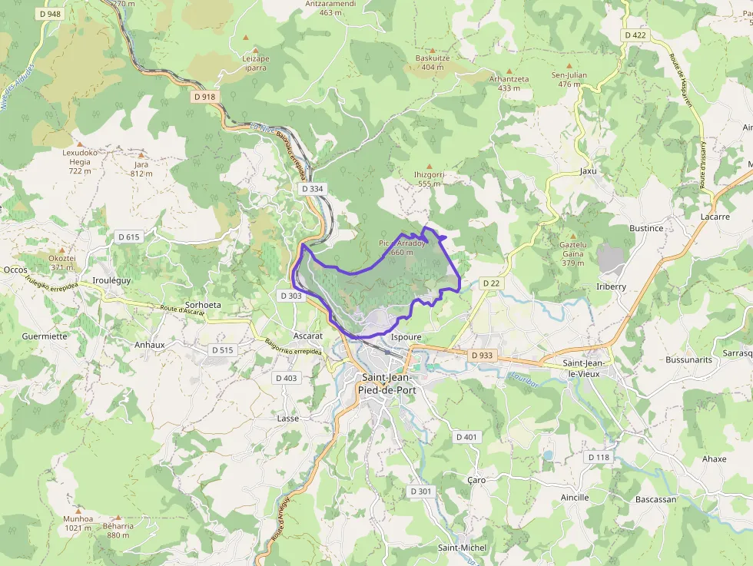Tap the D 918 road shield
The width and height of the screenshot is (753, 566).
(x=205, y=96)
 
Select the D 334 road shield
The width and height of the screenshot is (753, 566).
(x=312, y=188)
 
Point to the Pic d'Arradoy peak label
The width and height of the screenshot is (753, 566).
(x=402, y=247)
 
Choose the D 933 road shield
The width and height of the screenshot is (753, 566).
(x=481, y=356)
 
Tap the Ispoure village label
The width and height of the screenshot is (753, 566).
(x=406, y=337)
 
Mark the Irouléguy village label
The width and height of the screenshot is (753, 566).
(x=111, y=281)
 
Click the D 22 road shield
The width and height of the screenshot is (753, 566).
(x=491, y=283)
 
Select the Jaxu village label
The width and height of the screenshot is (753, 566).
(x=588, y=171)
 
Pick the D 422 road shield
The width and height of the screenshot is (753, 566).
(x=635, y=35)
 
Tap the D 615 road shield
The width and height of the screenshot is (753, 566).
(x=128, y=237)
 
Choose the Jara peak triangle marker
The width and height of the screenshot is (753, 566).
(x=141, y=154)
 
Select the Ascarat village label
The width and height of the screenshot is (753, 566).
(x=308, y=336)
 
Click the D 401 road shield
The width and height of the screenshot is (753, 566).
(x=466, y=437)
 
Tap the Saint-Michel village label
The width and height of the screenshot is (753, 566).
(x=462, y=548)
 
